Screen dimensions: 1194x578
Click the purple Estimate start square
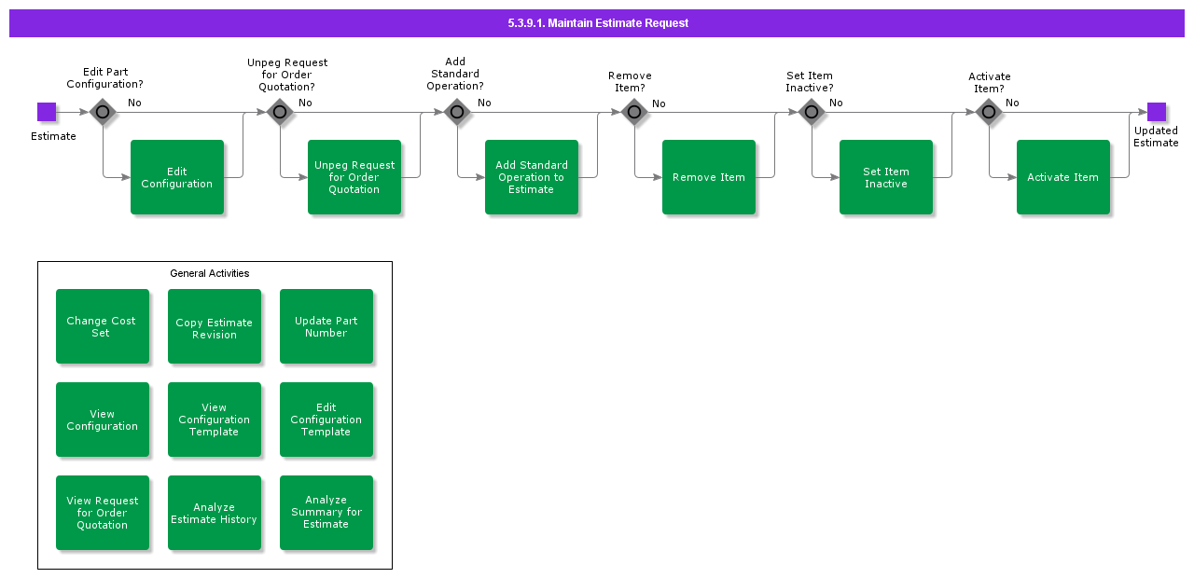pos(47,112)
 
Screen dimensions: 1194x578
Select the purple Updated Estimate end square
pos(1156,112)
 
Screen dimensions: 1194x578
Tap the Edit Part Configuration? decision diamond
pos(103,112)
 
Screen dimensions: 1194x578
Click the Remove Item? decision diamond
pos(634,112)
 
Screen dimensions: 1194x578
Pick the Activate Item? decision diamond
pos(989,112)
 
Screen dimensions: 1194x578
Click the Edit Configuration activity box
pos(177,177)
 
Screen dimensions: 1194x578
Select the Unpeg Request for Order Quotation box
pos(354,177)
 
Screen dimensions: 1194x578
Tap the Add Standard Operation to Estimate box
pos(532,177)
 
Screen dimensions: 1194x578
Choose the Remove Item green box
pos(709,177)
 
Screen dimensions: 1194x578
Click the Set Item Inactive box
pos(886,177)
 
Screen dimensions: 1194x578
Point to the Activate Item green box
pos(1063,177)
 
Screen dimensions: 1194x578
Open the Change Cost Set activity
pos(103,326)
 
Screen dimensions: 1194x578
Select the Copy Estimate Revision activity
pos(215,326)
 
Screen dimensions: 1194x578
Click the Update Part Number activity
pos(326,326)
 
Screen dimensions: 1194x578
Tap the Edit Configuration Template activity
pos(326,420)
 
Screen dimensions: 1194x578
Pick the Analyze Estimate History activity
pos(215,513)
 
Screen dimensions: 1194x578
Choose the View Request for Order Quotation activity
pos(103,513)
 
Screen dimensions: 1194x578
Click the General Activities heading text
pos(210,273)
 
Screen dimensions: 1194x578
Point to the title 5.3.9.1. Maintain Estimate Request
pos(598,23)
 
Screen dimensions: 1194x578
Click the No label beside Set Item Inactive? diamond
pos(836,103)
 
